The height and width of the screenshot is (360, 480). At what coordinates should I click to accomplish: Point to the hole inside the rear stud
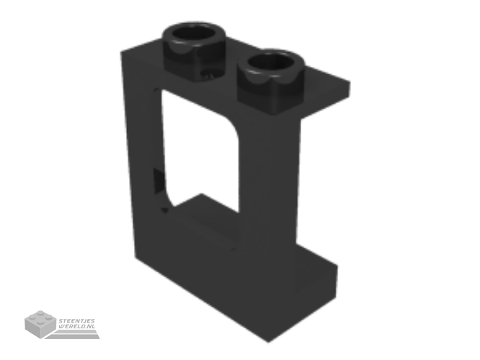click(x=194, y=33)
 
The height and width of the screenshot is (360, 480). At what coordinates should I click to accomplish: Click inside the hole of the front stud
click(x=271, y=61)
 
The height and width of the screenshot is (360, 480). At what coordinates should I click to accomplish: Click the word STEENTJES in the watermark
click(x=77, y=321)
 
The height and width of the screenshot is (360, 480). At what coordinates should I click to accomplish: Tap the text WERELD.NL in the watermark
click(x=77, y=326)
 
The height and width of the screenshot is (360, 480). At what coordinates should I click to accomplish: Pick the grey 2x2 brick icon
click(x=40, y=324)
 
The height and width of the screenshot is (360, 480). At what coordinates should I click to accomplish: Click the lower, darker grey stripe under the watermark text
click(x=74, y=336)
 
